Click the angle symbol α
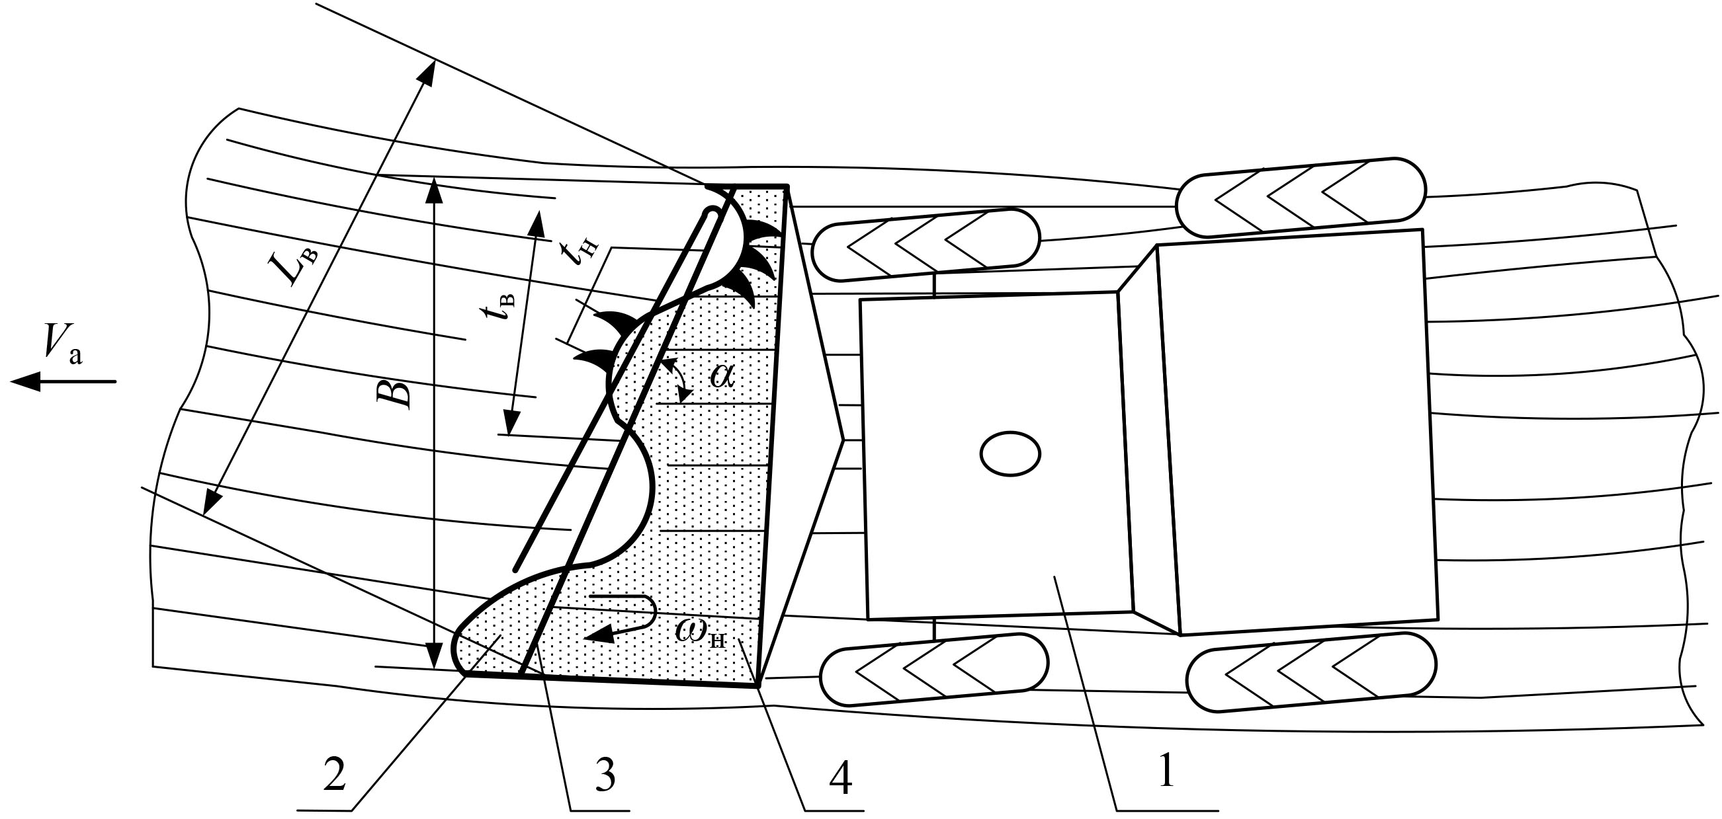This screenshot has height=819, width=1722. [x=722, y=376]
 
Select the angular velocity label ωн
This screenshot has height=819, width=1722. [x=700, y=631]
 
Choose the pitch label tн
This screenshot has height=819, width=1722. [x=580, y=253]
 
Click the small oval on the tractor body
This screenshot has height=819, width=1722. [x=1010, y=453]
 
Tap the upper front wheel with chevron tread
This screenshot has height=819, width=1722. [x=926, y=244]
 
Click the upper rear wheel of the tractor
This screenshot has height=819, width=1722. [x=1300, y=196]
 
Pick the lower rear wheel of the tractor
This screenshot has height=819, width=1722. [x=1311, y=672]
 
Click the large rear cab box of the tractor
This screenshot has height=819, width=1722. [x=1297, y=431]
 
